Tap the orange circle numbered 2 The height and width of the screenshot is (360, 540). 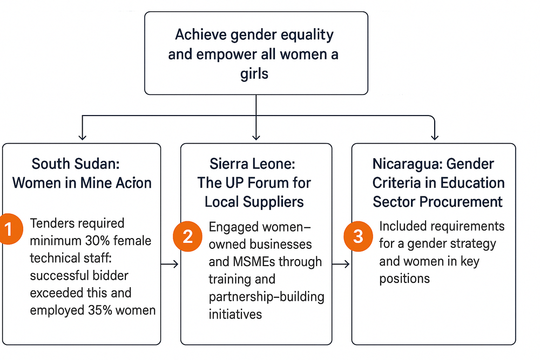click(187, 236)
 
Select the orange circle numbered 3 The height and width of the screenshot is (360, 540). click(358, 236)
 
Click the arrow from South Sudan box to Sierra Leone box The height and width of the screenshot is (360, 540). click(170, 264)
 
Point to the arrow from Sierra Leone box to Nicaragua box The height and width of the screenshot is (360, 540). click(341, 264)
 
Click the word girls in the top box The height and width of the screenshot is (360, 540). click(254, 74)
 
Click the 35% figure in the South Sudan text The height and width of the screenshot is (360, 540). click(100, 310)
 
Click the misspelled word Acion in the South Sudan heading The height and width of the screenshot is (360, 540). click(133, 183)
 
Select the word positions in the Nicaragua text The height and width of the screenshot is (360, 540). click(404, 279)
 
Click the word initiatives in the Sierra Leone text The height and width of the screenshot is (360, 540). click(235, 314)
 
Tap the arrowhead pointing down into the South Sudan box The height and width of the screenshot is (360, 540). click(82, 137)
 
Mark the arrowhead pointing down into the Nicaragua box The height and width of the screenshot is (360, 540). click(435, 137)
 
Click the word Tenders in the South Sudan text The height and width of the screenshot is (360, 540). click(50, 223)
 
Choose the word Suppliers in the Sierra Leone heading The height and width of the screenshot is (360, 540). click(274, 202)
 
